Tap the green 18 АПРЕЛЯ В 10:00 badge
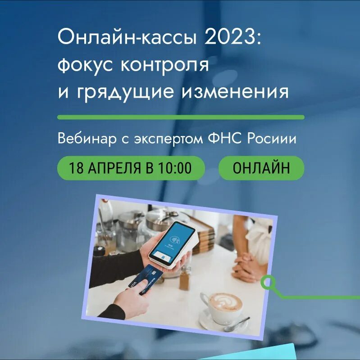tap(131, 168)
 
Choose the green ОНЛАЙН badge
tap(261, 168)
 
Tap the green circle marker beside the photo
tap(269, 283)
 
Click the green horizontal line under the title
tap(180, 117)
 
